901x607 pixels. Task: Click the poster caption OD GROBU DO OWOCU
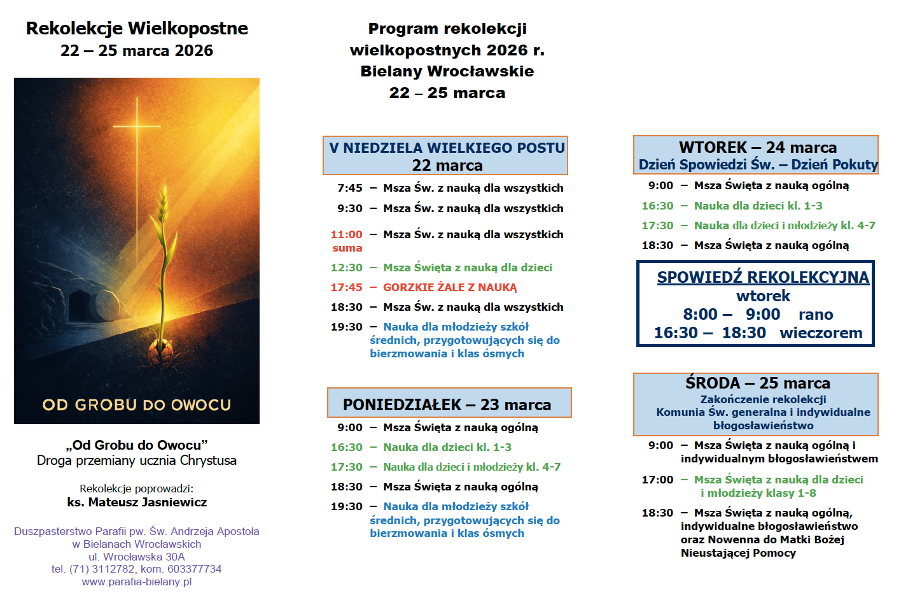pos(137,405)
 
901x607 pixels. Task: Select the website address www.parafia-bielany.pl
pos(137,582)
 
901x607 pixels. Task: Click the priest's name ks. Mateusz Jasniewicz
pos(137,503)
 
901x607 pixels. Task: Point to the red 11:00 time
pos(347,234)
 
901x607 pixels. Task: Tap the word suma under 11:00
pos(347,248)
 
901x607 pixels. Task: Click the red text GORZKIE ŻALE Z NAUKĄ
pos(450,287)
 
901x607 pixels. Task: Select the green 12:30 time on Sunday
pos(347,268)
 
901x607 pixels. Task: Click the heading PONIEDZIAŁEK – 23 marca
pos(447,404)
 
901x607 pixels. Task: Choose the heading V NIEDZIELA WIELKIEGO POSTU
pos(447,148)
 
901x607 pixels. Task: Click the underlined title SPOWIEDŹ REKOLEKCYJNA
pos(763,277)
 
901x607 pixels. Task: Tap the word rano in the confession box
pos(816,315)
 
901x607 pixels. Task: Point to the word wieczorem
pos(821,333)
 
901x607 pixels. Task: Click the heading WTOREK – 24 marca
pos(757,147)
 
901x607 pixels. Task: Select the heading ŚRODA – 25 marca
pos(757,383)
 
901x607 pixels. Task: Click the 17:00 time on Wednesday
pos(657,480)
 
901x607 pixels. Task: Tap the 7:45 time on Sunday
pos(350,188)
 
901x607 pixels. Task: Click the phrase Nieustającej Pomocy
pos(738,553)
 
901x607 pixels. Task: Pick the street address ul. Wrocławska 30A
pos(137,557)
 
